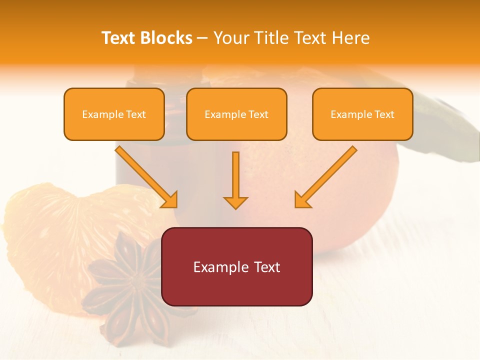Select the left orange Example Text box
tap(114, 114)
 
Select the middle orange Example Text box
tap(236, 114)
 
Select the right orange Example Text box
tap(362, 114)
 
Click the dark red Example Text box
tap(236, 266)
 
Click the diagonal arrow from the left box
tap(147, 177)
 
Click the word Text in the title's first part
tap(119, 38)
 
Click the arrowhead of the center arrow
tap(235, 202)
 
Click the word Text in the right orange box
tap(383, 114)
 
